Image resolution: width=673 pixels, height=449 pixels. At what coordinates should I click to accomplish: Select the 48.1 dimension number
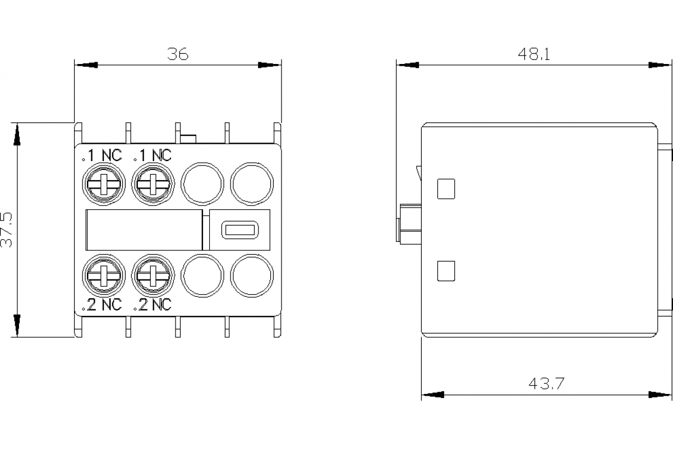coord(533,54)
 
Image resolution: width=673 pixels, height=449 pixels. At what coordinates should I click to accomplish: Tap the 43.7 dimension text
coord(546,384)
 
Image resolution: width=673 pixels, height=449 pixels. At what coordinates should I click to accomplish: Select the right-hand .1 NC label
coord(151,155)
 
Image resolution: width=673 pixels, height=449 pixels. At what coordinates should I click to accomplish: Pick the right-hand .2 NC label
coord(151,305)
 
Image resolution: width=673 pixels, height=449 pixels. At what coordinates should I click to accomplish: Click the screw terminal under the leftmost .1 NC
coord(104,184)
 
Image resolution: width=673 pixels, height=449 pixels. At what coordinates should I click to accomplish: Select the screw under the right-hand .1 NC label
coord(152,184)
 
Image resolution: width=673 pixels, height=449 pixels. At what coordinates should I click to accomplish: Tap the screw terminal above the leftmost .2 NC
coord(104,275)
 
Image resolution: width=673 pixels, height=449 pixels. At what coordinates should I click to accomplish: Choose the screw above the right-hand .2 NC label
coord(152,275)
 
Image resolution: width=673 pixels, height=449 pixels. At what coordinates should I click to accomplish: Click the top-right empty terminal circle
coord(252,184)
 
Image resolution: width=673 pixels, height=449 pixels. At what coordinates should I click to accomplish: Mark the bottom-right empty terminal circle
coord(252,275)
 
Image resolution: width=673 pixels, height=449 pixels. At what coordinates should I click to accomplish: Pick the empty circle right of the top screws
coord(202,184)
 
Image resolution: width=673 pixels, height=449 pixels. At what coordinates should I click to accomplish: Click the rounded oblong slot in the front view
coord(239,230)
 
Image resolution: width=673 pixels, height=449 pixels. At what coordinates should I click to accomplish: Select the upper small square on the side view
coord(446,189)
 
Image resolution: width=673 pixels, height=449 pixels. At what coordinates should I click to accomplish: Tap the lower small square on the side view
coord(446,271)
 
